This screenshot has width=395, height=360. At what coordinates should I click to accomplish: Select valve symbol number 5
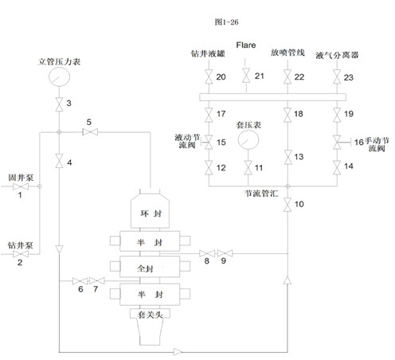pyautogui.click(x=90, y=131)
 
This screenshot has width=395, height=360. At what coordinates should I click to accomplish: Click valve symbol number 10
pyautogui.click(x=287, y=205)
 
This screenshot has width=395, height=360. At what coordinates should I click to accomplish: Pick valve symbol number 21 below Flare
pyautogui.click(x=246, y=76)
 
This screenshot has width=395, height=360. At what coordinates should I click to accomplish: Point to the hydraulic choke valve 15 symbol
pyautogui.click(x=208, y=142)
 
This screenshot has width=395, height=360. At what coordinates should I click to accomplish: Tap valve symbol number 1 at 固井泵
pyautogui.click(x=21, y=186)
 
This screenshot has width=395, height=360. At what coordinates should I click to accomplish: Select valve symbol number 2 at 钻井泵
pyautogui.click(x=21, y=254)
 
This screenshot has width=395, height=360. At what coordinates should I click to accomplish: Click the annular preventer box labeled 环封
pyautogui.click(x=150, y=211)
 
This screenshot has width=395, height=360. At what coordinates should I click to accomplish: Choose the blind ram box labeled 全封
pyautogui.click(x=150, y=267)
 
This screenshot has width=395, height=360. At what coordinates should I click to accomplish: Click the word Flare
pyautogui.click(x=246, y=45)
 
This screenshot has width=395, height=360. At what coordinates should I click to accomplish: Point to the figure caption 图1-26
pyautogui.click(x=226, y=22)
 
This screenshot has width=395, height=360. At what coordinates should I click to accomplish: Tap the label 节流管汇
pyautogui.click(x=261, y=194)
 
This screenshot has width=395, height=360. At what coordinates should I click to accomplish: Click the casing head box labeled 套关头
pyautogui.click(x=150, y=314)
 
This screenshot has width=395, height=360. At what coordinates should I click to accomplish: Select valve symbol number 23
pyautogui.click(x=337, y=76)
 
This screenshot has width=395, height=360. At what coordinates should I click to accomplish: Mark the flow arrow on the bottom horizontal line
pyautogui.click(x=178, y=352)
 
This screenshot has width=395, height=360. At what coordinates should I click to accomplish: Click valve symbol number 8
pyautogui.click(x=207, y=253)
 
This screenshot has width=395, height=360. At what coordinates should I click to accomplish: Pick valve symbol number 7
pyautogui.click(x=97, y=280)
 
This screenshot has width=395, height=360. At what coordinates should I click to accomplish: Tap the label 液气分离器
pyautogui.click(x=337, y=55)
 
